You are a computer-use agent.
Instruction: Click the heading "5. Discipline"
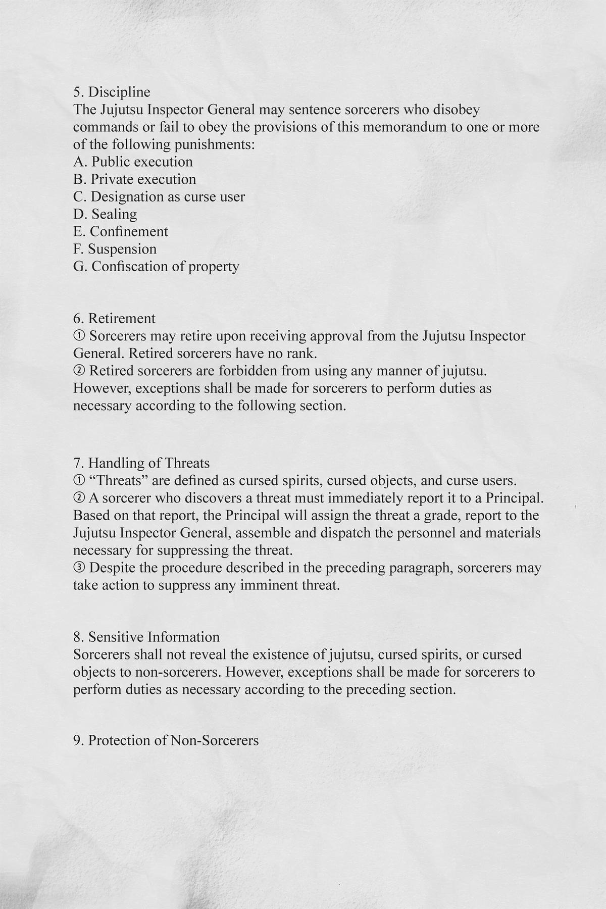coord(112,92)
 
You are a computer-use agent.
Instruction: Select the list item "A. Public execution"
coord(133,162)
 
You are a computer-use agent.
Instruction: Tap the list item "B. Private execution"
coord(134,179)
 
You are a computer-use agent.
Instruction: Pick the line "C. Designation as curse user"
coord(159,196)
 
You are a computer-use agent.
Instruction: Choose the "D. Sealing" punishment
coord(105,214)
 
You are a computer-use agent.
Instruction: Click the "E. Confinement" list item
coord(120,231)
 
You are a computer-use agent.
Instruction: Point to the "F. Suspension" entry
coord(115,249)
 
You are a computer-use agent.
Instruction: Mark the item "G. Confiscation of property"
coord(156,266)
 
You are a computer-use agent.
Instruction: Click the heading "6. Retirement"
coord(114,319)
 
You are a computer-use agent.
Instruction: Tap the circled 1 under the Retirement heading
coord(79,336)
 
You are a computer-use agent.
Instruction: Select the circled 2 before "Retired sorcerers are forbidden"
coord(79,371)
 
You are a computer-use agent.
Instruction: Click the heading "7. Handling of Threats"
coord(141,463)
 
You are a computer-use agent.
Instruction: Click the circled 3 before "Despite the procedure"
coord(79,568)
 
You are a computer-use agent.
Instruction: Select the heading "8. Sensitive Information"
coord(146,637)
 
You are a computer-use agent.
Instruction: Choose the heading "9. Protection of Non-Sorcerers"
coord(166,741)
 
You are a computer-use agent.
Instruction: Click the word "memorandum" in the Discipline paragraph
coord(406,127)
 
